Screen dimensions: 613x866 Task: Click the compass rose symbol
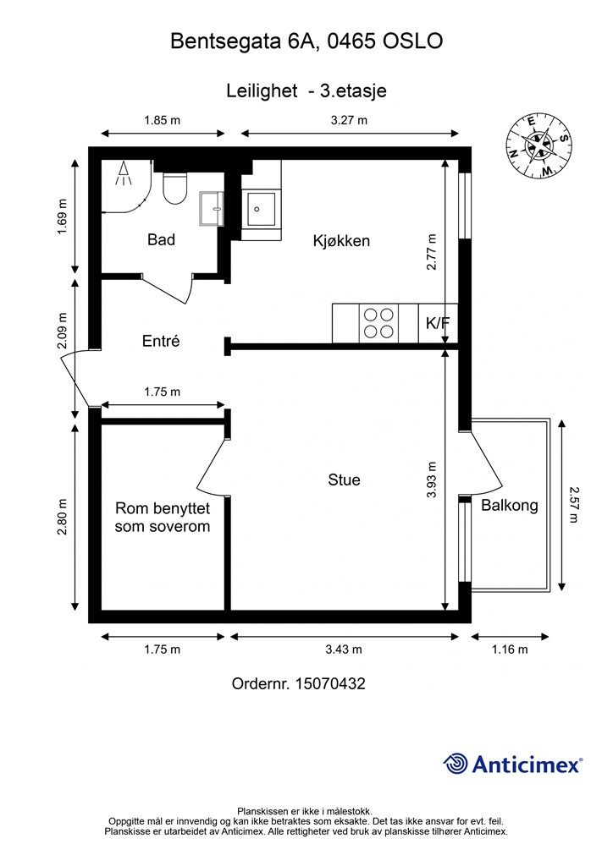[539, 145]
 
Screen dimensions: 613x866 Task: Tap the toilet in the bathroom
[176, 189]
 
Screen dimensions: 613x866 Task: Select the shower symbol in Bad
[124, 173]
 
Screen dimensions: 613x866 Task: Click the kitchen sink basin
[261, 209]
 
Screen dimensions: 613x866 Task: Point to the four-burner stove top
[379, 323]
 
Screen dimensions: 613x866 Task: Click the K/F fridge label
[438, 323]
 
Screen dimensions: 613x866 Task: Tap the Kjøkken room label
[341, 241]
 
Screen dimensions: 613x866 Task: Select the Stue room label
[344, 480]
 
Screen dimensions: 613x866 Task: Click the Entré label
[161, 340]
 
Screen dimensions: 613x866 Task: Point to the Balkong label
[509, 506]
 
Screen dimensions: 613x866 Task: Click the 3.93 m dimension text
[432, 480]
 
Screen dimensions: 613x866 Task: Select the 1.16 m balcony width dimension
[510, 649]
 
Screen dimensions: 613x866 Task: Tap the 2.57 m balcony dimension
[575, 505]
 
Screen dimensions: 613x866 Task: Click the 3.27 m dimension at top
[350, 120]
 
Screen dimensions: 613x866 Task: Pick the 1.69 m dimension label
[62, 216]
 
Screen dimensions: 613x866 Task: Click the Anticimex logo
[512, 765]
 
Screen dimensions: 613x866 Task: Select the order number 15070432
[330, 683]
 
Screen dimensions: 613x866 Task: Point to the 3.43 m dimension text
[344, 649]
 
